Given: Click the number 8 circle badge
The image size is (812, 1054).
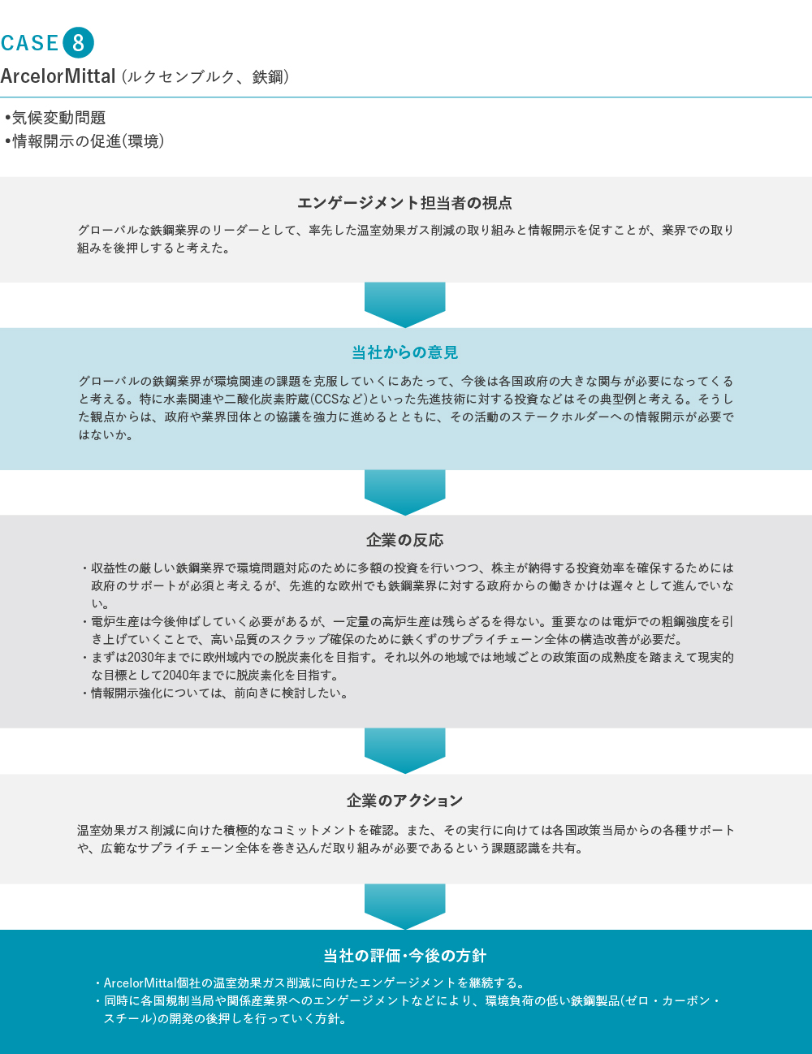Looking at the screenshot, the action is (78, 43).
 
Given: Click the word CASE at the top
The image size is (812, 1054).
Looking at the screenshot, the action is (29, 43).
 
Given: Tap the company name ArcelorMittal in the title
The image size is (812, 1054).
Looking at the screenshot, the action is (58, 76).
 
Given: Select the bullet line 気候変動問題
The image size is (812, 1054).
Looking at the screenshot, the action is (55, 118).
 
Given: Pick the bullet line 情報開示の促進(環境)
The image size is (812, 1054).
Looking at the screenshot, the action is (85, 141).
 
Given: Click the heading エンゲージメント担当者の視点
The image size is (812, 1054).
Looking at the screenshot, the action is (404, 203).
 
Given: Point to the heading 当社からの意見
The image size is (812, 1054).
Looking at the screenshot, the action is (404, 352).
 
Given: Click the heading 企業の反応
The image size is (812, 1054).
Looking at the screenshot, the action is (404, 540).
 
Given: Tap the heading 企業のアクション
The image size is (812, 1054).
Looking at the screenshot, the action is (404, 801).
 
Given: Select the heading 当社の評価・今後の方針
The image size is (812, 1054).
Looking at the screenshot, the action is (404, 956).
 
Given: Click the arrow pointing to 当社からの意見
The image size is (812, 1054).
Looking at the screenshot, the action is (404, 305).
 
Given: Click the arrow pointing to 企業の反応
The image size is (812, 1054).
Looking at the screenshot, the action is (404, 492).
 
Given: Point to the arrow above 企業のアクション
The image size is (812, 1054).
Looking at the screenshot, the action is (404, 750).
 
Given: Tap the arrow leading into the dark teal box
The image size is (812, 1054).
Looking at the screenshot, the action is (404, 906).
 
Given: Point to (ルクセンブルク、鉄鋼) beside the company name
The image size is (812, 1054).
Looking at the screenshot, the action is (205, 77).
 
